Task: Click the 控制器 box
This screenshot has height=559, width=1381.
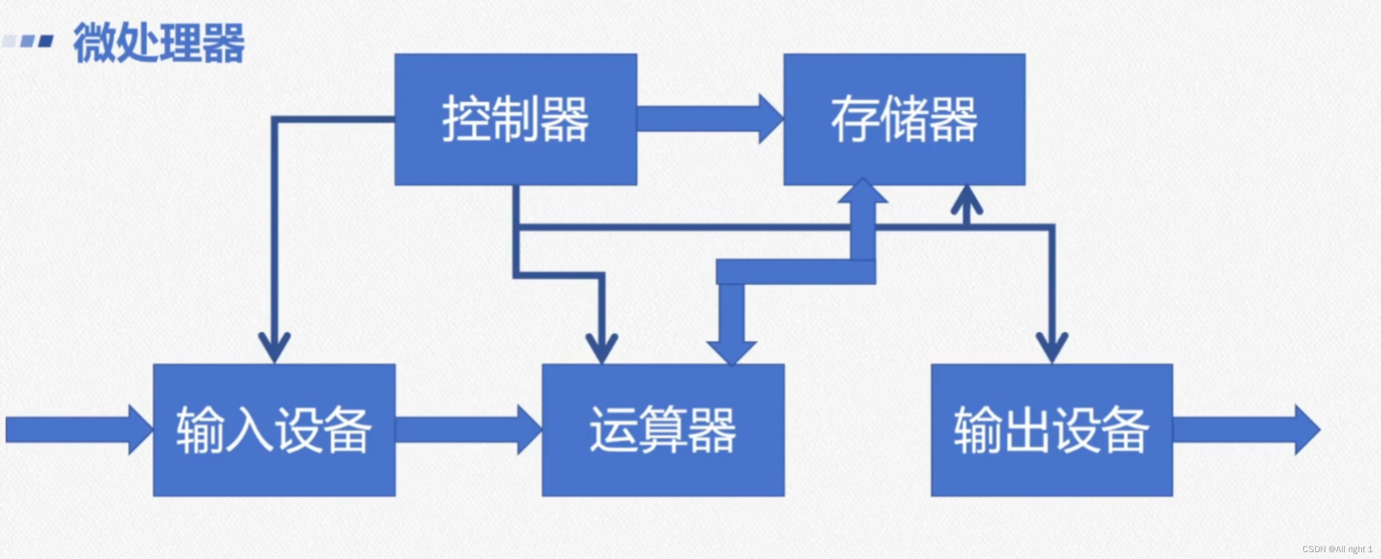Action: point(516,119)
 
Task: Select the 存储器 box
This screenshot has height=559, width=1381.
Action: point(904,119)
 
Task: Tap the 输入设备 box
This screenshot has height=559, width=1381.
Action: point(274,430)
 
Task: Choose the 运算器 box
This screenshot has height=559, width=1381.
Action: point(663,430)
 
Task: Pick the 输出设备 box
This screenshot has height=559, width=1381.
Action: point(1051,430)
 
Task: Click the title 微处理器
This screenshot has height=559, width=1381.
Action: point(159,43)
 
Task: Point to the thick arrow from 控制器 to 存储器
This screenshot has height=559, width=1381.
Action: point(708,119)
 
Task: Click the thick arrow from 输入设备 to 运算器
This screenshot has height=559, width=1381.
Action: point(467,430)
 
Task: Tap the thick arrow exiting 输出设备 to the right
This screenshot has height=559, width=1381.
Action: point(1244,430)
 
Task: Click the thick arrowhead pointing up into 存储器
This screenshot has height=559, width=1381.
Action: point(863,192)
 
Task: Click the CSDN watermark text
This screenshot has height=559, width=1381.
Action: point(1336,549)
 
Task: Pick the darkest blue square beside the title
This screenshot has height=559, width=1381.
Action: point(47,41)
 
